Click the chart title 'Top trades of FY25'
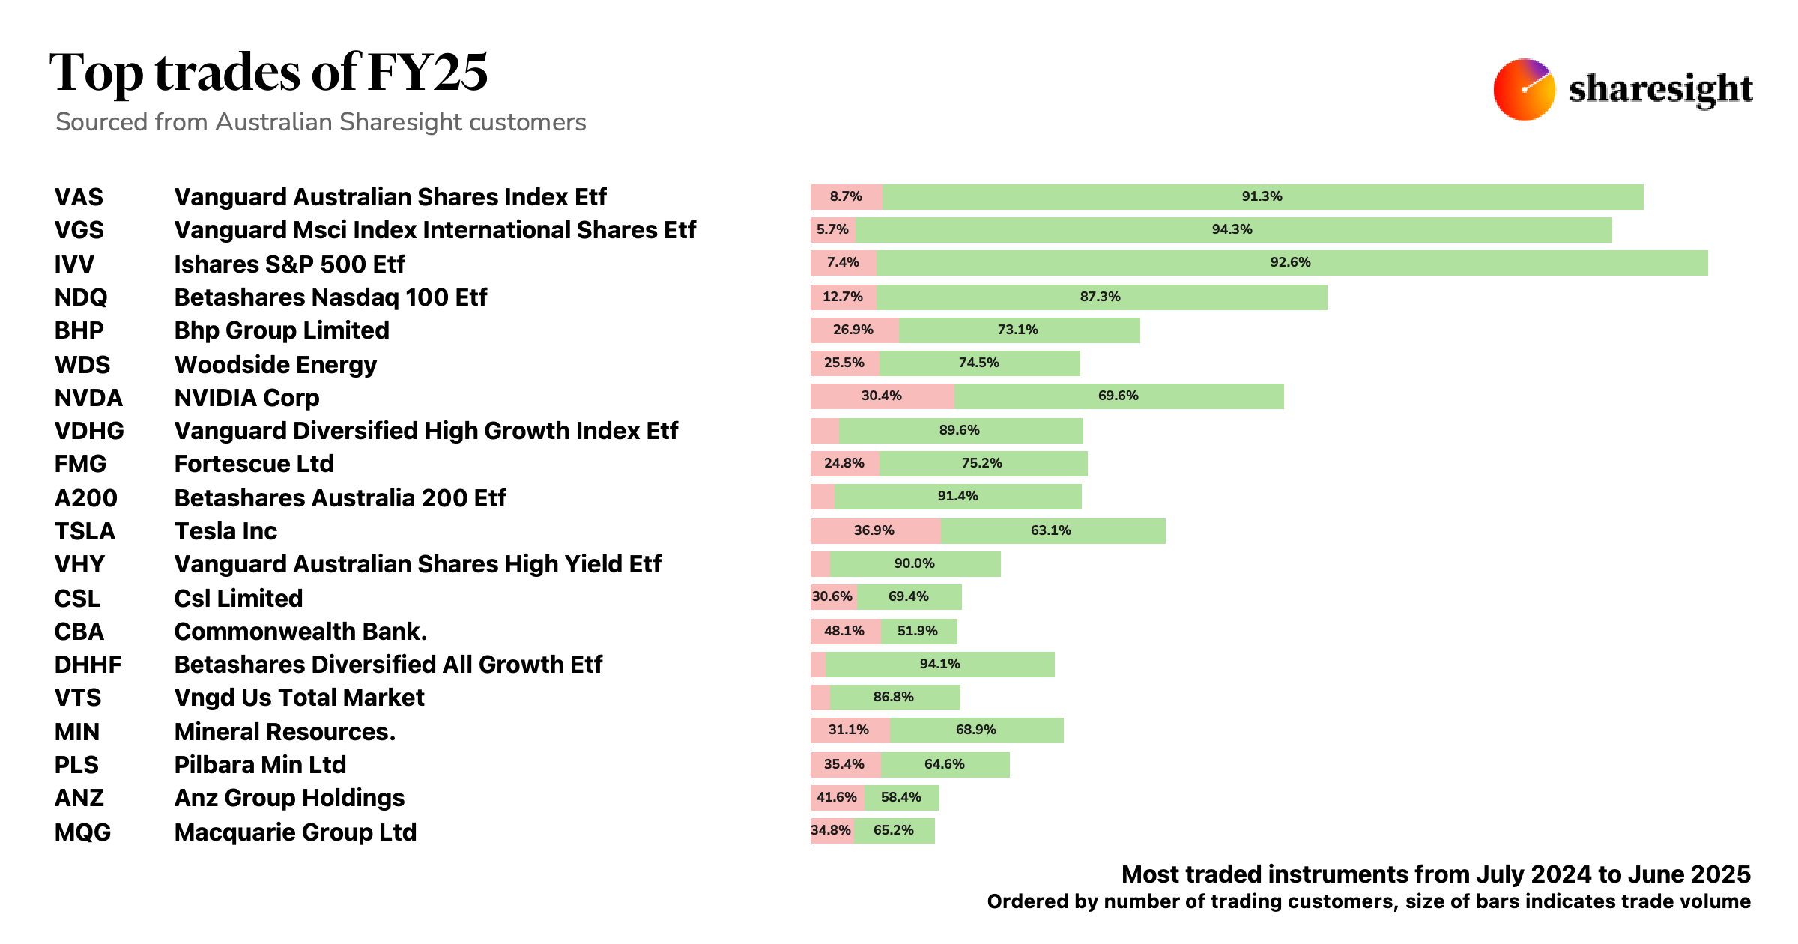[268, 73]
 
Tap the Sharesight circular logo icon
[1523, 89]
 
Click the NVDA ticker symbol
[88, 398]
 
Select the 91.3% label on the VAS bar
[1262, 197]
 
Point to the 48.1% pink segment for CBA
[844, 632]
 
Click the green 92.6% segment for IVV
[1291, 263]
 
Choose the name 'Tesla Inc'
[225, 531]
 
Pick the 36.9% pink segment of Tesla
[874, 531]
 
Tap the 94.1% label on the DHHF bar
[939, 665]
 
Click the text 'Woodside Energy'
[275, 365]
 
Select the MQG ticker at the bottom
[82, 832]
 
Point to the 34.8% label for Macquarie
[831, 831]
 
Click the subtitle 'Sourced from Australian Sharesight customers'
[321, 122]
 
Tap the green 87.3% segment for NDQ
[1100, 297]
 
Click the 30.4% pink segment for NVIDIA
[881, 396]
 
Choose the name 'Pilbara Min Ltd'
[260, 765]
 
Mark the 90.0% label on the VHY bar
[914, 564]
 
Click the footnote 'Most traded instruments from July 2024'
[1435, 874]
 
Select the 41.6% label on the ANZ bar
[836, 798]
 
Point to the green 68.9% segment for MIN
[975, 730]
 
